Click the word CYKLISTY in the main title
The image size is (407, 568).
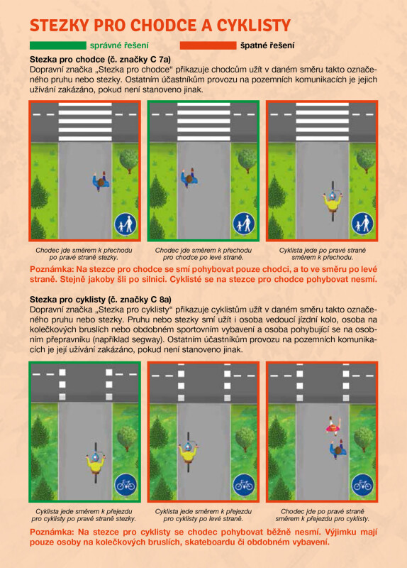coord(254,26)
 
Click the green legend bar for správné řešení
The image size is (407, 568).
coord(58,45)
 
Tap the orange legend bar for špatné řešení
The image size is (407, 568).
coord(208,45)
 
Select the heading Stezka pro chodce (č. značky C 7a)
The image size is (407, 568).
coord(100,60)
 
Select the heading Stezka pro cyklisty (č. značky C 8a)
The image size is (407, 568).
coord(101,300)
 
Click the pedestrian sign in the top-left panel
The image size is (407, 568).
coord(126,224)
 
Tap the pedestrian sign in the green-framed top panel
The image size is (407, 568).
coord(244,224)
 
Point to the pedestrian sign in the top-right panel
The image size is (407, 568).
coord(362,224)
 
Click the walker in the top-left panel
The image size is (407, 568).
coord(101,181)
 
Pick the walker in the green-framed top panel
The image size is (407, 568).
coord(189,177)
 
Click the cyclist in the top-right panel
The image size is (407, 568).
coord(333,202)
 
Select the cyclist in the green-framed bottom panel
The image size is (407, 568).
coord(96,463)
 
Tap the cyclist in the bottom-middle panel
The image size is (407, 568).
coord(188,452)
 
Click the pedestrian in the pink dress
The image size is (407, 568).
coord(333,426)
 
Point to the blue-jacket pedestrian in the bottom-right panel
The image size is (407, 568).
coord(338,449)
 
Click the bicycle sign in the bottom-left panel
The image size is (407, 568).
coord(126,485)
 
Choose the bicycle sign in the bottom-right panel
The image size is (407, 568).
coord(362,485)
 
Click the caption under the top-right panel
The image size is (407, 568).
coord(323,254)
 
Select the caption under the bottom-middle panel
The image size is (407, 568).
coord(203,515)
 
